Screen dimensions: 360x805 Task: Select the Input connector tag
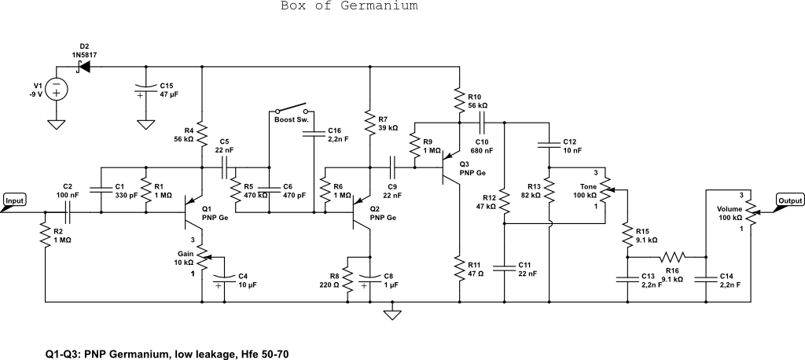15,201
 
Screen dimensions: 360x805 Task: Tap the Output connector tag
790,200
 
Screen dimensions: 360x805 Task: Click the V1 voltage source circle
57,89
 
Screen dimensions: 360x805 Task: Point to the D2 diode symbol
83,68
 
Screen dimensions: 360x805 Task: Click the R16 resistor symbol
672,256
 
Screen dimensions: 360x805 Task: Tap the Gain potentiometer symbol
203,255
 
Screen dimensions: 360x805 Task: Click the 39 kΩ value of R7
388,127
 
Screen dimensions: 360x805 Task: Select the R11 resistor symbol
460,269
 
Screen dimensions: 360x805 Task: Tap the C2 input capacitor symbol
68,212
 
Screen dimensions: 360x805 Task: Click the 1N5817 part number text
83,54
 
